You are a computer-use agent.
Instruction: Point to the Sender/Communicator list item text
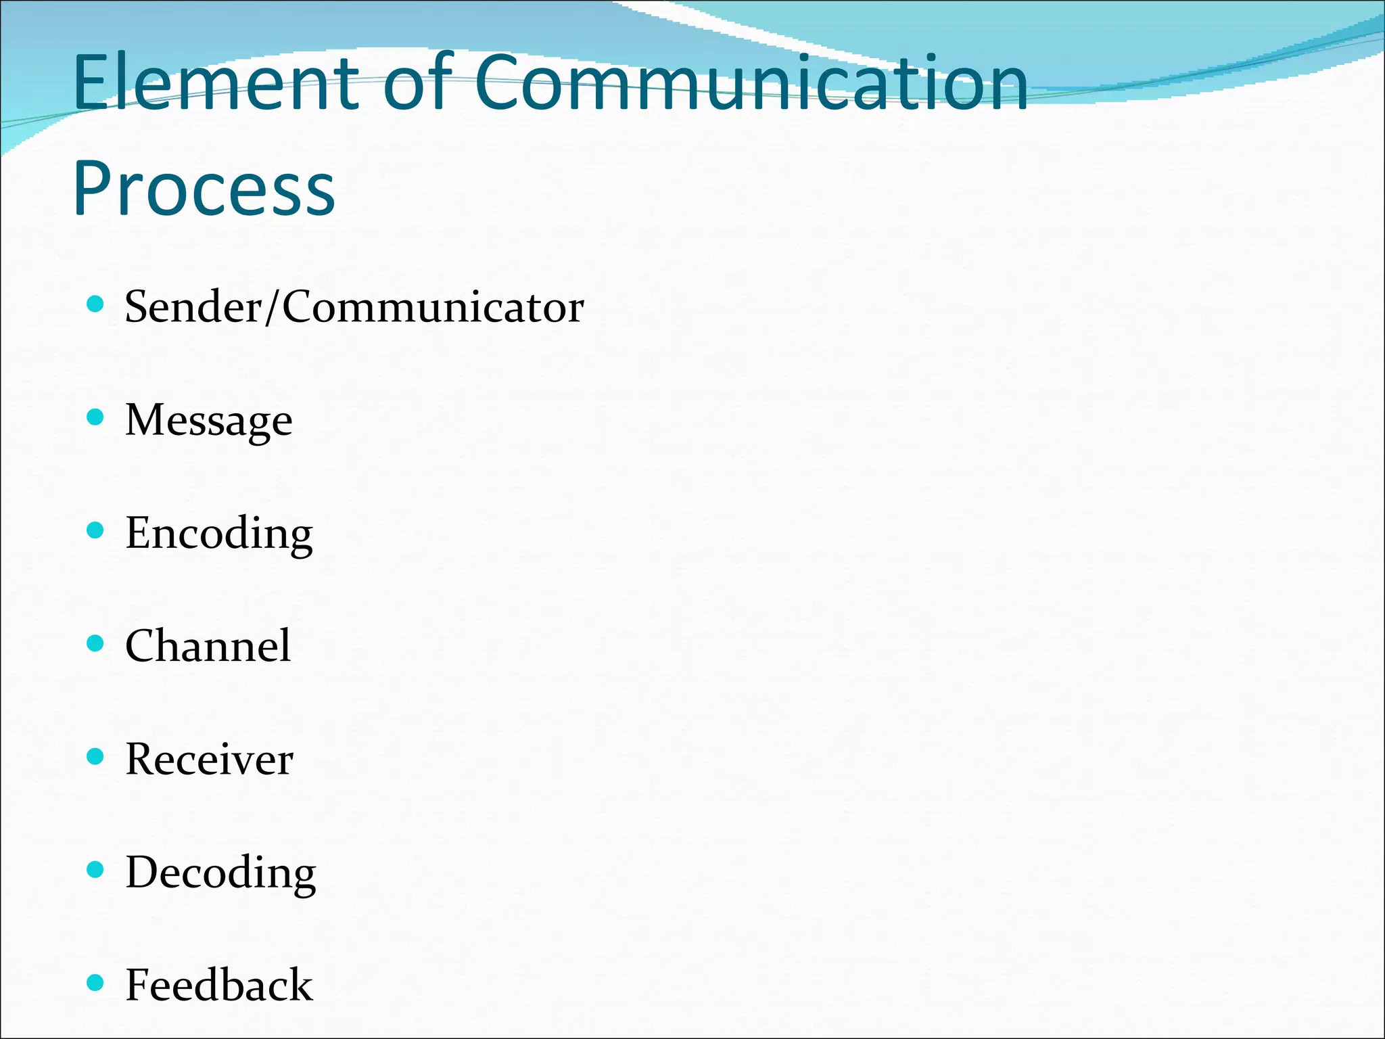click(x=354, y=307)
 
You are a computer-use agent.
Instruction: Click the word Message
click(x=209, y=421)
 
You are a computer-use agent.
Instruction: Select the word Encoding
click(x=219, y=534)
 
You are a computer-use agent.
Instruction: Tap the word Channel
click(x=208, y=646)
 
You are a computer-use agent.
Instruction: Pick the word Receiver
click(x=210, y=759)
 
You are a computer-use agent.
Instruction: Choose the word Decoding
click(x=221, y=873)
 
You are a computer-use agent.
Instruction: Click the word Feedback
click(x=219, y=985)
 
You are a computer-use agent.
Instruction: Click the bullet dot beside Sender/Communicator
click(x=96, y=304)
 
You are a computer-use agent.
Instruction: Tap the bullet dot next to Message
click(x=96, y=417)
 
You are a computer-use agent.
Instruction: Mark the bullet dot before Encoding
click(x=96, y=530)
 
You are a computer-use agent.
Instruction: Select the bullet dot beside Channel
click(x=96, y=643)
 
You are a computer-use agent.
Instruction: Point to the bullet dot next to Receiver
click(x=96, y=756)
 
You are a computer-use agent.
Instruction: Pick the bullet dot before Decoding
click(x=96, y=869)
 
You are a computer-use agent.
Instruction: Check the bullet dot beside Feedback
click(x=96, y=982)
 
